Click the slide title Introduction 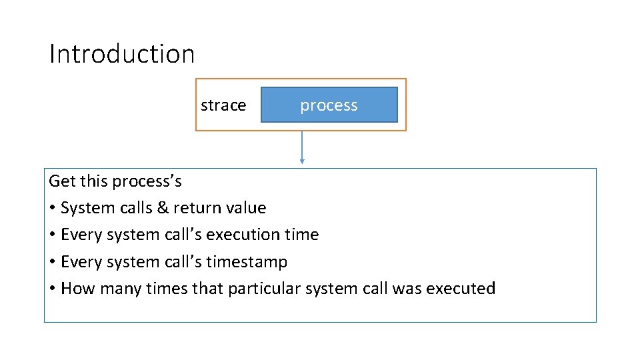pyautogui.click(x=122, y=54)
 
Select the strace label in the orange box pyautogui.click(x=223, y=105)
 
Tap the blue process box pyautogui.click(x=329, y=105)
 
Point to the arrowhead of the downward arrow pyautogui.click(x=302, y=161)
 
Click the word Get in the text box pyautogui.click(x=62, y=181)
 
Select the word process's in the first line pyautogui.click(x=147, y=181)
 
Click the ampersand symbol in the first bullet pyautogui.click(x=162, y=208)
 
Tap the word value pyautogui.click(x=246, y=208)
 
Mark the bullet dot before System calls pyautogui.click(x=52, y=209)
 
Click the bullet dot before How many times pyautogui.click(x=52, y=289)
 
